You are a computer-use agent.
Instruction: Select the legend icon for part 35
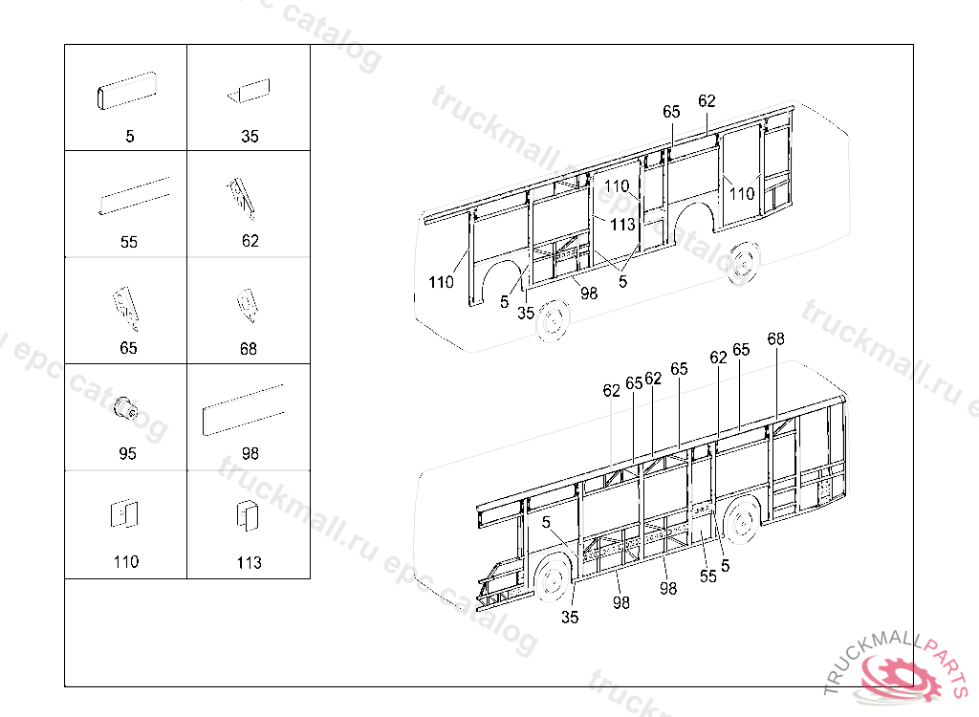pyautogui.click(x=249, y=93)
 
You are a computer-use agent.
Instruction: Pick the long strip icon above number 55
pyautogui.click(x=136, y=195)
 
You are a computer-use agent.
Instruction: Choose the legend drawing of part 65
pyautogui.click(x=125, y=304)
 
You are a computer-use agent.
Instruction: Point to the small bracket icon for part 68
pyautogui.click(x=247, y=304)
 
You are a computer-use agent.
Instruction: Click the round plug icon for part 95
pyautogui.click(x=125, y=408)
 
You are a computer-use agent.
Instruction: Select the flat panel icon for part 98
pyautogui.click(x=243, y=410)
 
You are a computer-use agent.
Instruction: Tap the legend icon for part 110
pyautogui.click(x=125, y=513)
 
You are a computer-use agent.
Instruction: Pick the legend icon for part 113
pyautogui.click(x=247, y=514)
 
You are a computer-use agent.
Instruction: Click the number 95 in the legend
pyautogui.click(x=127, y=454)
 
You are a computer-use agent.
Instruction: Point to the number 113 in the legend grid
pyautogui.click(x=249, y=563)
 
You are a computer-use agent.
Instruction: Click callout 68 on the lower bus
pyautogui.click(x=775, y=339)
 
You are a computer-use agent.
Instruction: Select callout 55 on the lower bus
pyautogui.click(x=707, y=576)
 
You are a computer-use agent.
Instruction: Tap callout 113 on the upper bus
pyautogui.click(x=622, y=225)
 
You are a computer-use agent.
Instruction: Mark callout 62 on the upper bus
pyautogui.click(x=707, y=101)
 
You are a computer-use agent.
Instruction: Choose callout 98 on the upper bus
pyautogui.click(x=589, y=293)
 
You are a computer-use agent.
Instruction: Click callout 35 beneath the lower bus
pyautogui.click(x=570, y=618)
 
